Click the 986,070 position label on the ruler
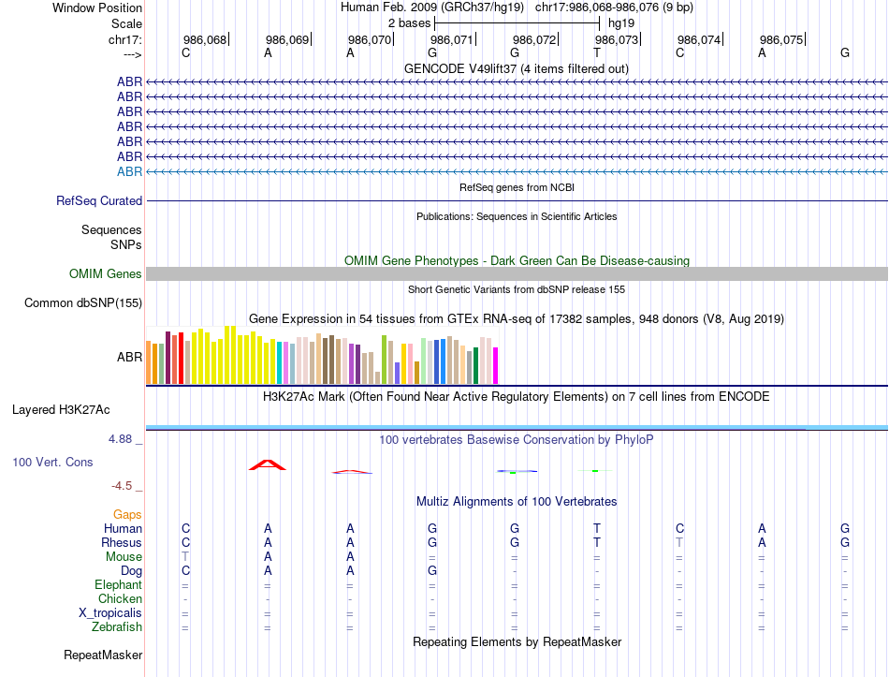point(369,39)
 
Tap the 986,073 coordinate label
point(616,39)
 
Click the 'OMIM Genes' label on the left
point(106,273)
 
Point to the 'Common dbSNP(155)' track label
point(83,302)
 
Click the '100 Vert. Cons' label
point(53,462)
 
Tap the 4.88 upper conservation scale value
point(124,438)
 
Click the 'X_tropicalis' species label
point(110,612)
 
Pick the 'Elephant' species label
point(117,584)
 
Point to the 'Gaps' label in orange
point(128,514)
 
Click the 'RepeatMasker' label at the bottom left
point(103,655)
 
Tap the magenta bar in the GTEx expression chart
point(496,365)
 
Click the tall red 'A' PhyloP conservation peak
point(268,464)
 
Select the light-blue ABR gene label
point(129,171)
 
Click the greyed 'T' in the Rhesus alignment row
point(679,542)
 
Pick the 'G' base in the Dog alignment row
point(432,570)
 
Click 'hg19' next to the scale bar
point(621,22)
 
